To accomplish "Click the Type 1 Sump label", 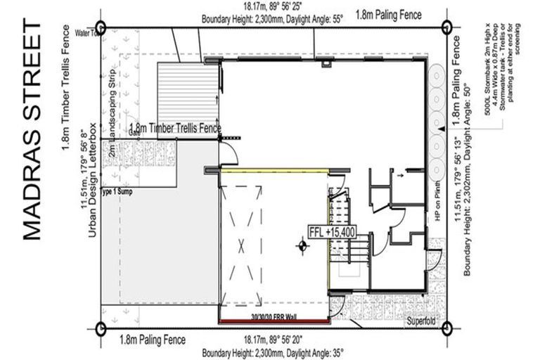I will pyautogui.click(x=116, y=191).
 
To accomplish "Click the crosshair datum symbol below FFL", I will pyautogui.click(x=302, y=245).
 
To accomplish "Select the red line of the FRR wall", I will pyautogui.click(x=274, y=322).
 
